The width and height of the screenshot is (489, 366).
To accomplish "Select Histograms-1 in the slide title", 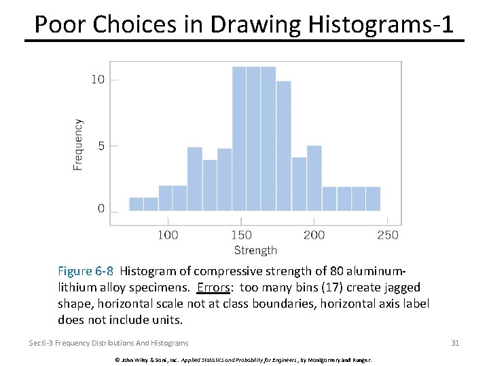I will click(x=381, y=24).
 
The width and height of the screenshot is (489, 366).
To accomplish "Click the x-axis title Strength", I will click(x=255, y=250).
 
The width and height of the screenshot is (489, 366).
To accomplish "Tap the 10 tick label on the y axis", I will click(x=98, y=80).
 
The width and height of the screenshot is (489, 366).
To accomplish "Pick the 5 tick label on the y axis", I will click(x=101, y=146).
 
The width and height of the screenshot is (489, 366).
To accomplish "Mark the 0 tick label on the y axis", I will click(x=101, y=209).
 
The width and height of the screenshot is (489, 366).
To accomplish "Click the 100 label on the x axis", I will click(x=168, y=235).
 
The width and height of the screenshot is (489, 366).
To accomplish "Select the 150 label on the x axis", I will click(x=241, y=235).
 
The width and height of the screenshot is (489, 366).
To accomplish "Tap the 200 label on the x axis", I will click(x=314, y=235).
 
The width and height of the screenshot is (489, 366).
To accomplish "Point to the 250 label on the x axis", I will click(x=387, y=235).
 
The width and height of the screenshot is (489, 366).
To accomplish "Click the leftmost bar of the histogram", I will click(x=136, y=204).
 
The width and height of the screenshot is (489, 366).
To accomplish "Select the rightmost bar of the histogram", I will click(x=373, y=199).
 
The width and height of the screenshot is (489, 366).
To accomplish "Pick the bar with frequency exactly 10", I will click(x=284, y=146).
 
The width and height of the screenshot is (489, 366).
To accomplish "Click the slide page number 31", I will click(x=455, y=343).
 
